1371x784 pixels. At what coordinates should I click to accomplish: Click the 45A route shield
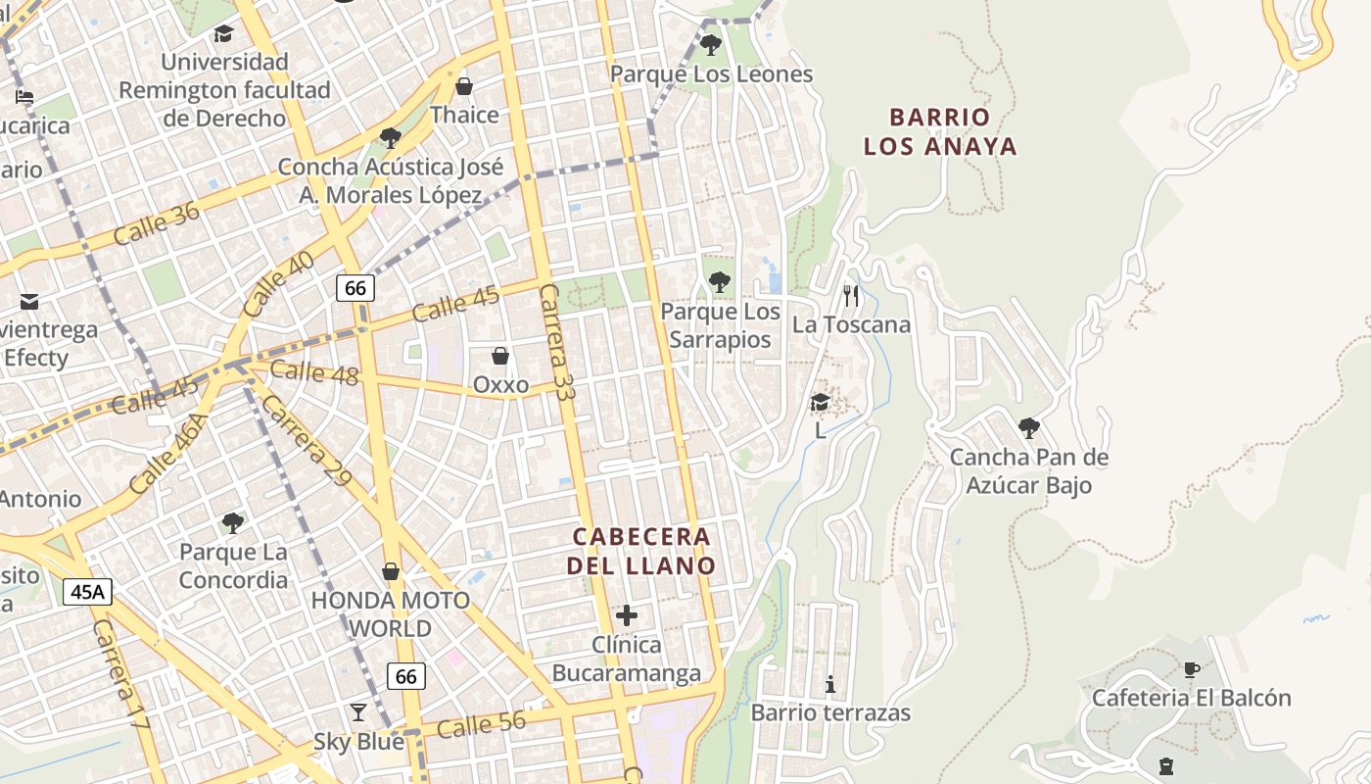[x=88, y=592]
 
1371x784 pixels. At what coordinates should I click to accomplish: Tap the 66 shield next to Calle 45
[x=355, y=287]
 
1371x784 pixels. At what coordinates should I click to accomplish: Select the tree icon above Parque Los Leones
[x=711, y=45]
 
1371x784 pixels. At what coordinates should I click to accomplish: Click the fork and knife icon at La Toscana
[x=851, y=295]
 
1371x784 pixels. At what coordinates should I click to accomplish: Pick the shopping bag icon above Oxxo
[x=500, y=356]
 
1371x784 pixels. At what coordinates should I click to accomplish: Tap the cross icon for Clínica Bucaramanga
[x=627, y=615]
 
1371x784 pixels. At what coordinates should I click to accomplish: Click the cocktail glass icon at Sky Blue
[x=358, y=712]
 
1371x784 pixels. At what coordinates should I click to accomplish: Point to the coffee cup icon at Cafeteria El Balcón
[x=1191, y=669]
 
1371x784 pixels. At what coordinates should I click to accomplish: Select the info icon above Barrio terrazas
[x=830, y=683]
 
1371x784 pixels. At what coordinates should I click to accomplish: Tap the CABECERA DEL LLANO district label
[x=641, y=552]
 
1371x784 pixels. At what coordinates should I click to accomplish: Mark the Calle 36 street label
[x=156, y=224]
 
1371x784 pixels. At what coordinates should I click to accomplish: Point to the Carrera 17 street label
[x=120, y=674]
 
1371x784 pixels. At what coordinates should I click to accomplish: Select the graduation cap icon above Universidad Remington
[x=224, y=34]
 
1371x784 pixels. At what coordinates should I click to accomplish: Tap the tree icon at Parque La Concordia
[x=232, y=522]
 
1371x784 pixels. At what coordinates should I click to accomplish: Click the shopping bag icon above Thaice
[x=464, y=86]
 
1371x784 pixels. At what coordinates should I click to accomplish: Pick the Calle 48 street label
[x=313, y=372]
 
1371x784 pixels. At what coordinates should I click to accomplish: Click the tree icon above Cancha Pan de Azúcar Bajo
[x=1028, y=427]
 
